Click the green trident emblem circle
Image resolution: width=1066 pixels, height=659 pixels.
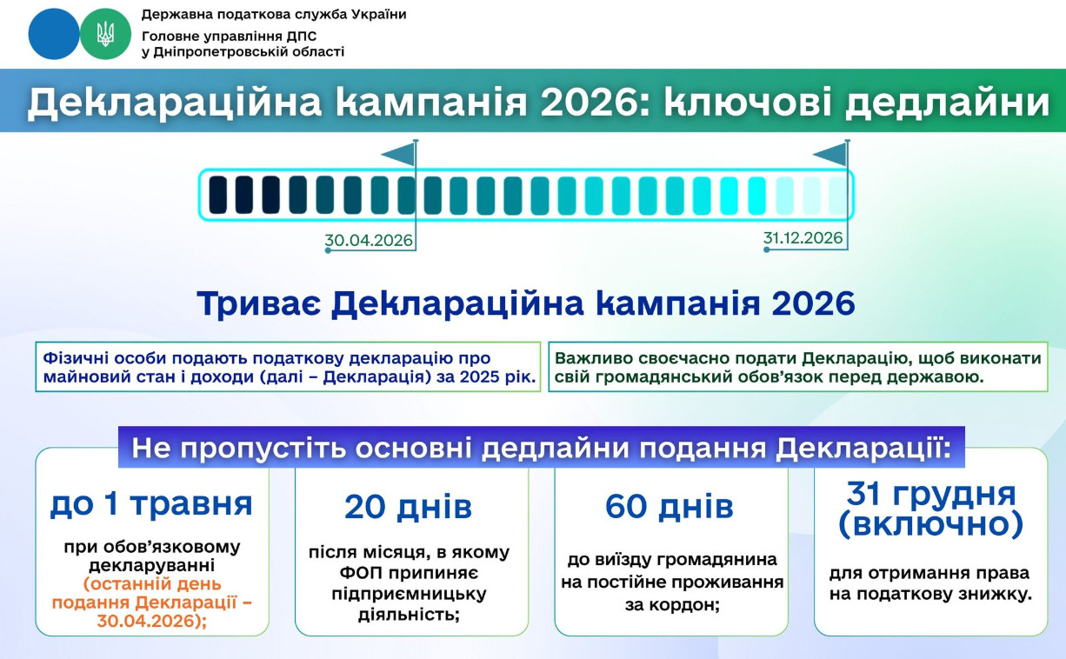click(x=105, y=34)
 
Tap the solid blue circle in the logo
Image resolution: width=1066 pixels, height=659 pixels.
click(x=54, y=34)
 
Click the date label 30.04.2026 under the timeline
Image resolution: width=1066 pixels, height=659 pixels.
click(x=369, y=240)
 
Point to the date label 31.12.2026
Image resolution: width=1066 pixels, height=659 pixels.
click(x=803, y=238)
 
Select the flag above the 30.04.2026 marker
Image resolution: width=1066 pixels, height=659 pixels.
click(x=399, y=154)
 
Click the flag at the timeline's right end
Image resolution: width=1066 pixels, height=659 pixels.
click(x=830, y=154)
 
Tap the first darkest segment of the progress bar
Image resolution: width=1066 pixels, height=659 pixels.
click(x=218, y=195)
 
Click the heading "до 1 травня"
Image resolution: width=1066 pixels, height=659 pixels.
click(x=151, y=504)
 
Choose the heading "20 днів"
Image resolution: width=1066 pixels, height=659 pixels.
click(x=409, y=507)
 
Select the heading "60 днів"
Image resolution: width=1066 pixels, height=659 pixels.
click(x=670, y=506)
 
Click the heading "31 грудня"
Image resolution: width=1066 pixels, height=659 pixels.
click(x=931, y=494)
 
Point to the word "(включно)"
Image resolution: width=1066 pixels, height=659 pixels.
click(x=931, y=524)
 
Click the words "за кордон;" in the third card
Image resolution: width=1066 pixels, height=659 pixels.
click(x=672, y=605)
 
